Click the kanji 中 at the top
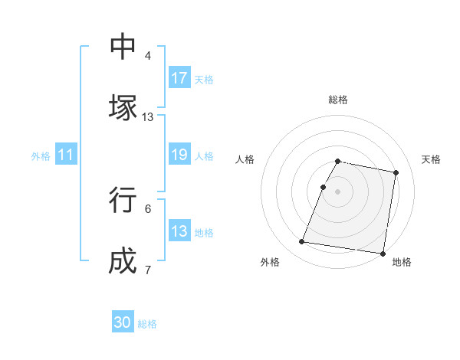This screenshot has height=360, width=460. point(123,47)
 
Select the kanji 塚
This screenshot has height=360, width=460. point(123,108)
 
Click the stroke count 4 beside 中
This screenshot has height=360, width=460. point(147,56)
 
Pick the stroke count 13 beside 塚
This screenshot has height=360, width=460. point(147,117)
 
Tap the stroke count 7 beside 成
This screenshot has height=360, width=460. point(147,270)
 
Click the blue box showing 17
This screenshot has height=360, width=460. point(179,78)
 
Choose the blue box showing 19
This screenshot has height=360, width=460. point(179,155)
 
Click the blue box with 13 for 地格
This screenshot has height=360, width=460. point(179,231)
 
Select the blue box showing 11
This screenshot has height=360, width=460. point(66,155)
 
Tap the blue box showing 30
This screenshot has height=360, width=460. point(123,322)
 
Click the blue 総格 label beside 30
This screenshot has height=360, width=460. point(147,324)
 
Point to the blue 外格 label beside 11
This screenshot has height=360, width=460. point(41,156)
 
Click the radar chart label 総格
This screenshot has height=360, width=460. point(338,100)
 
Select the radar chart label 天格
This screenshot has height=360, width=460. point(431,159)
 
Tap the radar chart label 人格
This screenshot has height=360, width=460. point(245,159)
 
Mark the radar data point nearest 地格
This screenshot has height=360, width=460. point(382,253)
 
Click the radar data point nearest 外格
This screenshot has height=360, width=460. point(302,242)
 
